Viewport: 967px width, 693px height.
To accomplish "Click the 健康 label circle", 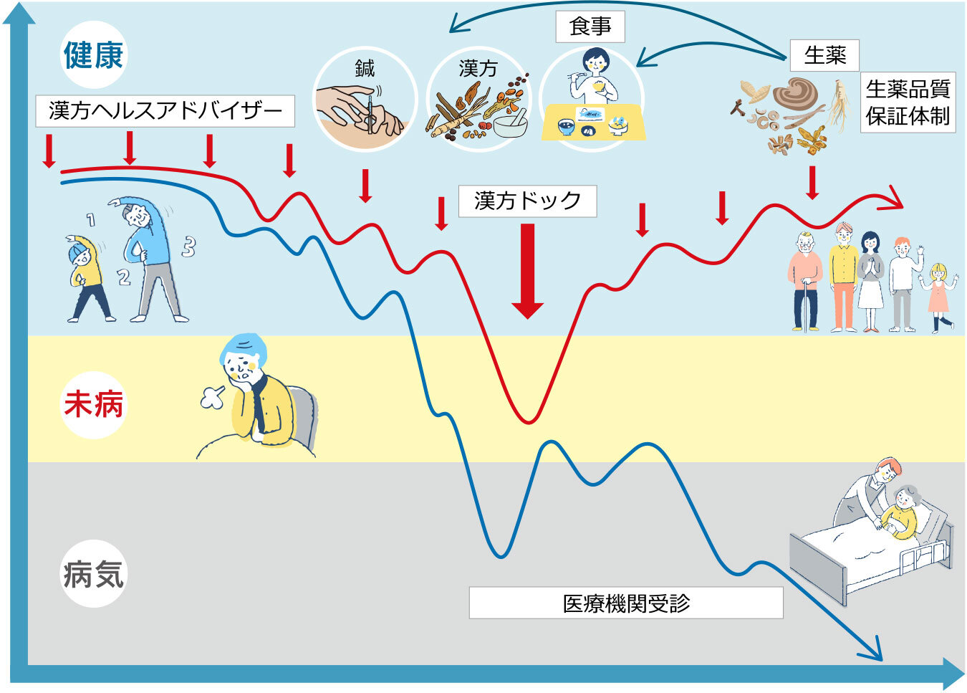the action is (93, 55).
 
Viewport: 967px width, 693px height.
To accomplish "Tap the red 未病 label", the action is (93, 404).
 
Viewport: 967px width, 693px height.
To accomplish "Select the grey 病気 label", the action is (93, 574).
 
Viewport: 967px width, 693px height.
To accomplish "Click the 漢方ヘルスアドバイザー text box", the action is (165, 111).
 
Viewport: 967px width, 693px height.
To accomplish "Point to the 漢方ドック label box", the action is (527, 201).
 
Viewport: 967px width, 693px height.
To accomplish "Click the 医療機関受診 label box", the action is (625, 603).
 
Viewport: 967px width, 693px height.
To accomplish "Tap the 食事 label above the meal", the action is (590, 27).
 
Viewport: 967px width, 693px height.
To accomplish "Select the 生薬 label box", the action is (824, 55).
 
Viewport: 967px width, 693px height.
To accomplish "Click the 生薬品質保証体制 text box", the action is (908, 102).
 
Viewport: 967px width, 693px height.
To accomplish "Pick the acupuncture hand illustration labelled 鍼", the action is (364, 107).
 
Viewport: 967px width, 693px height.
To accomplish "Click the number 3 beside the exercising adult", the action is (188, 247).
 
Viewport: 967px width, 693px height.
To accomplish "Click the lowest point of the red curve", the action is (528, 422).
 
